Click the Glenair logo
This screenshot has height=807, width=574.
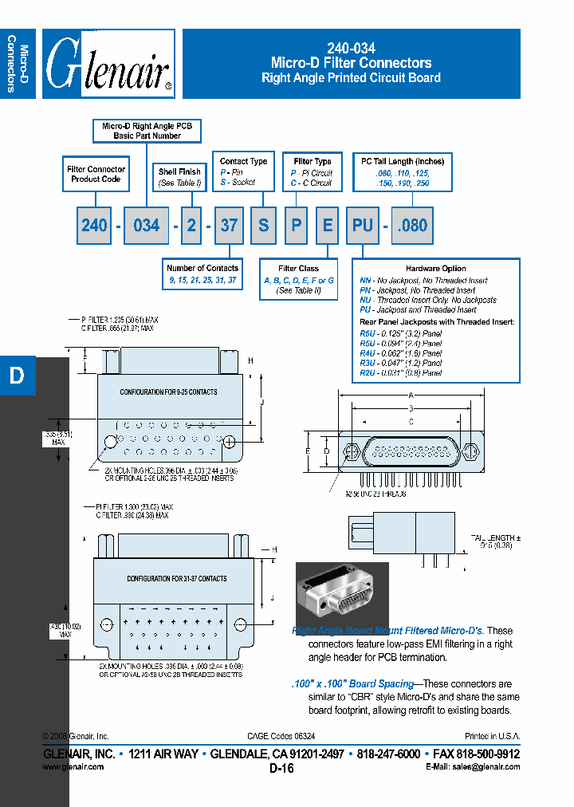tap(108, 65)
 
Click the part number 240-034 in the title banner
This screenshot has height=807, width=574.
tap(351, 48)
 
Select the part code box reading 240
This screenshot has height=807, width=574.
tap(94, 226)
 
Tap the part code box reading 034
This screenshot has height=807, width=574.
tap(146, 226)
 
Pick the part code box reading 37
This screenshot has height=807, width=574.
tap(229, 226)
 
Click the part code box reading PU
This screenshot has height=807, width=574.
tap(363, 226)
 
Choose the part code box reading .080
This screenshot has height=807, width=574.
tap(413, 226)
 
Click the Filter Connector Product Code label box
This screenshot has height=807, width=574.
tap(96, 174)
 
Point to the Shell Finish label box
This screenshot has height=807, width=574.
tap(179, 177)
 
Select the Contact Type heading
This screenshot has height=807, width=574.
tap(243, 161)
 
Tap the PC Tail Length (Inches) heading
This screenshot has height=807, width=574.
tap(403, 161)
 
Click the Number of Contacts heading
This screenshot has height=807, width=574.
tap(202, 268)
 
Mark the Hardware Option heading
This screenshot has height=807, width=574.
tap(435, 269)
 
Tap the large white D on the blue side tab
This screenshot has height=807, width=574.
tap(17, 376)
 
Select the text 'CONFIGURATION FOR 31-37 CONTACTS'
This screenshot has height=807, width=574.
tap(177, 579)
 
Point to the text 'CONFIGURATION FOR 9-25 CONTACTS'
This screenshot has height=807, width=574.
tap(168, 392)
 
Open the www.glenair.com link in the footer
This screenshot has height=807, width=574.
tap(73, 766)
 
